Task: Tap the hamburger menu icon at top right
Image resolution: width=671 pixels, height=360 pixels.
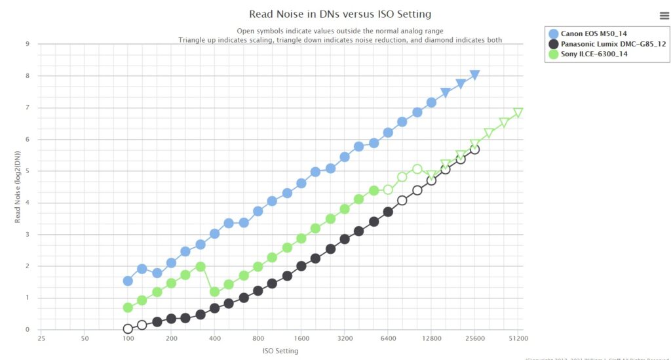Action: (664, 16)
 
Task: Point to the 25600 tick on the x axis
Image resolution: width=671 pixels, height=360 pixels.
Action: (475, 338)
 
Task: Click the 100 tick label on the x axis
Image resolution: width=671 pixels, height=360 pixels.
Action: (128, 338)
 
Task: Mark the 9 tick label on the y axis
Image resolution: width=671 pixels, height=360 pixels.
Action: (28, 45)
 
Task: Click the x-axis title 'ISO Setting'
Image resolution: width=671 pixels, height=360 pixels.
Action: (280, 351)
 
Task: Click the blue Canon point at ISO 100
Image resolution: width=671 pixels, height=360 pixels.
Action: (128, 281)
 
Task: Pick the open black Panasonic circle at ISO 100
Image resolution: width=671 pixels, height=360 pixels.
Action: (128, 329)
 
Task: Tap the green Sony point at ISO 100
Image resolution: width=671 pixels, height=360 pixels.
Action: (128, 308)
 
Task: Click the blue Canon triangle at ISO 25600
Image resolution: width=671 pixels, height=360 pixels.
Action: (475, 75)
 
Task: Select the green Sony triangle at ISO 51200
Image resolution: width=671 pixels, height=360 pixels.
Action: (518, 113)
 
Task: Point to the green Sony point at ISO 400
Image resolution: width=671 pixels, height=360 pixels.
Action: (214, 292)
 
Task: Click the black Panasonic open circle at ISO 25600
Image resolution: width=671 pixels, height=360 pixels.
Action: (475, 150)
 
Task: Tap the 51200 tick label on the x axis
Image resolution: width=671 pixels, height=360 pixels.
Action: (518, 338)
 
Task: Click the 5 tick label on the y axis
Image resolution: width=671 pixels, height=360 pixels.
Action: (28, 171)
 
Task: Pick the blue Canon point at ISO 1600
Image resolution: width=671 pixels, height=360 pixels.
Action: (301, 183)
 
